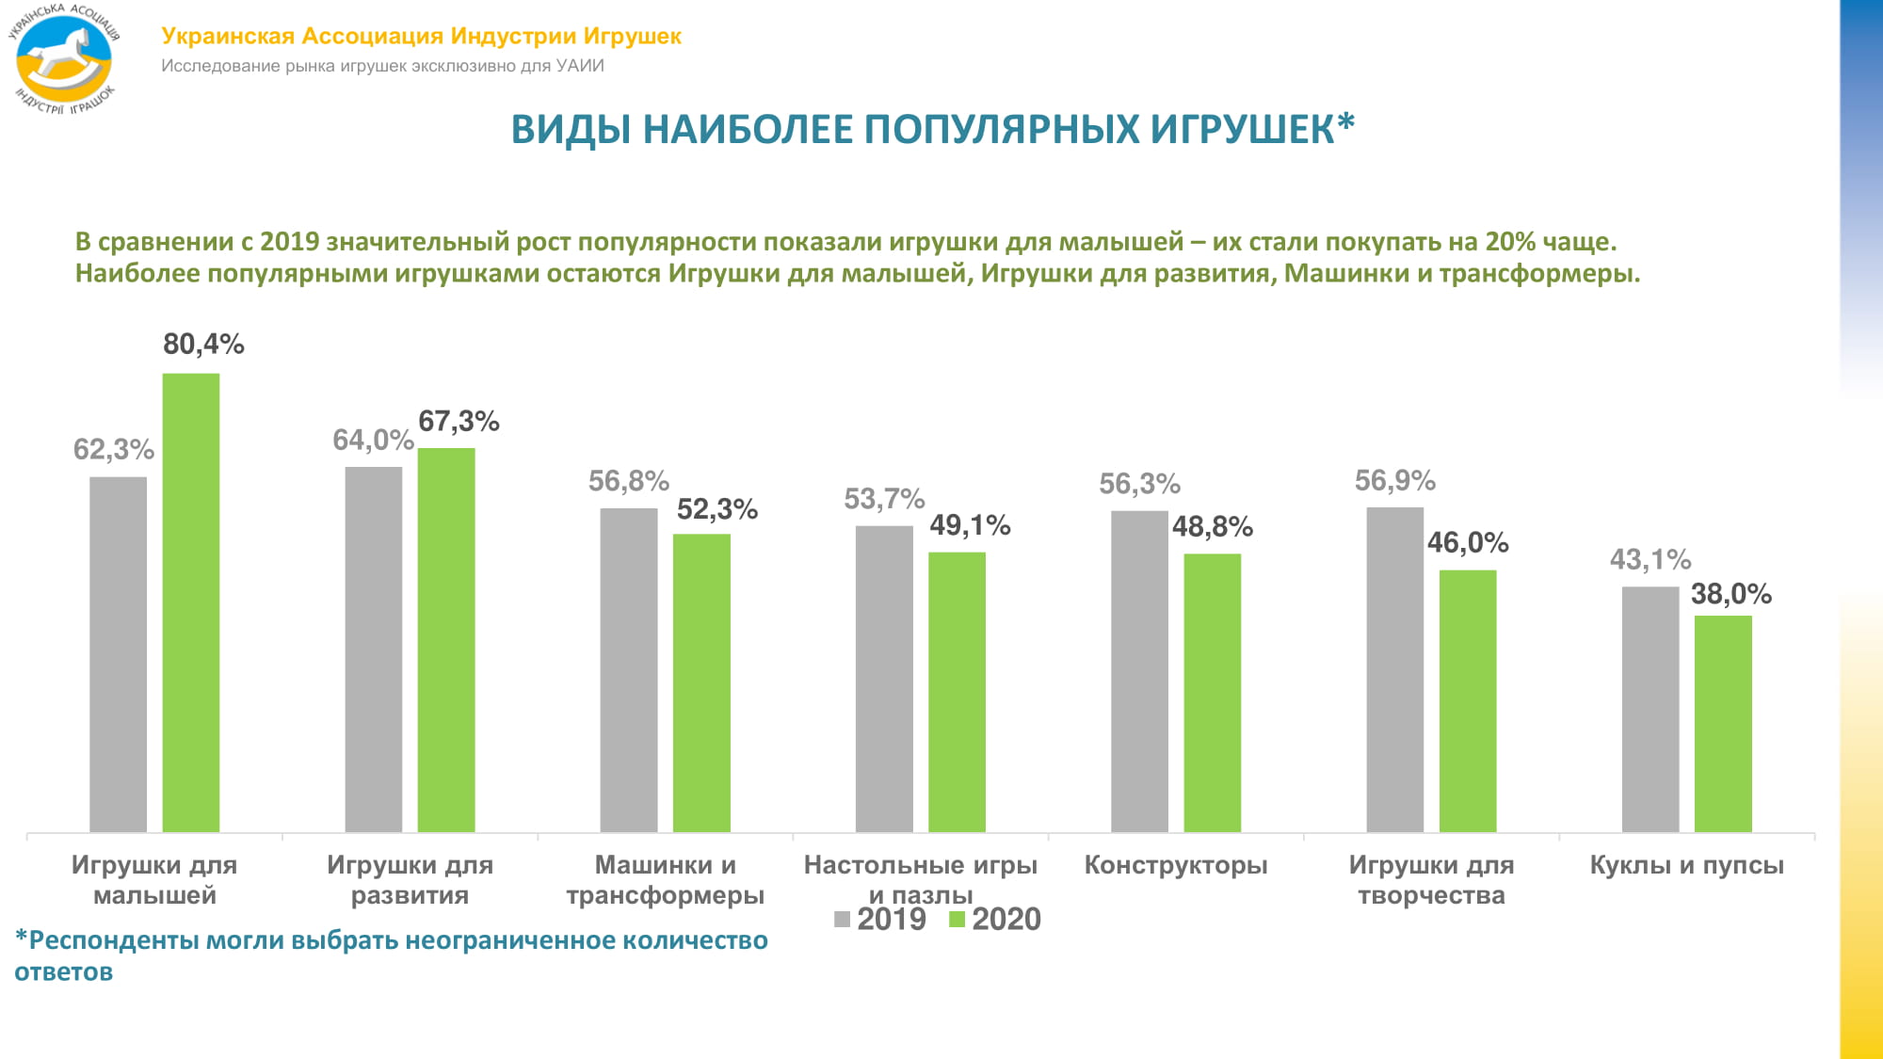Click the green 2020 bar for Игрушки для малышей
[x=191, y=602]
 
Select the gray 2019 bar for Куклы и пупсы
[x=1650, y=709]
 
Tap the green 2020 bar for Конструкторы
[x=1212, y=692]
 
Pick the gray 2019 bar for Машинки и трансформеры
[x=629, y=669]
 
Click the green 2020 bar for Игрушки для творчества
[x=1468, y=700]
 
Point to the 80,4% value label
[x=203, y=345]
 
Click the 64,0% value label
[x=373, y=441]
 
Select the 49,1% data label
[x=970, y=525]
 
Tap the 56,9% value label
[x=1394, y=481]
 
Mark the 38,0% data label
[x=1730, y=594]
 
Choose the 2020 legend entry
[x=995, y=919]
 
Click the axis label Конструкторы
[x=1176, y=865]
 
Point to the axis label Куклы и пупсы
[x=1686, y=865]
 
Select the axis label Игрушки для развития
[x=410, y=879]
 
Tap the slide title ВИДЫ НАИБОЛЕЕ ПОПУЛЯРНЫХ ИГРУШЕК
[x=932, y=130]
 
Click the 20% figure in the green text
[x=1510, y=242]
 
